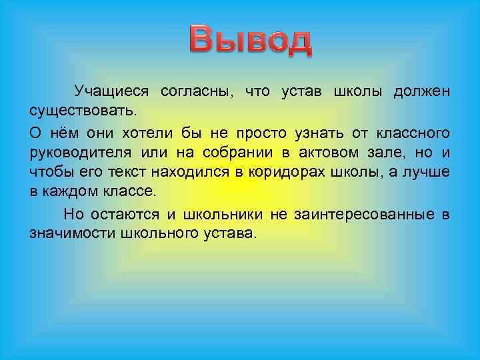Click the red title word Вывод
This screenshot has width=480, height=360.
click(x=250, y=41)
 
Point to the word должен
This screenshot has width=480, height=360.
click(x=421, y=89)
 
